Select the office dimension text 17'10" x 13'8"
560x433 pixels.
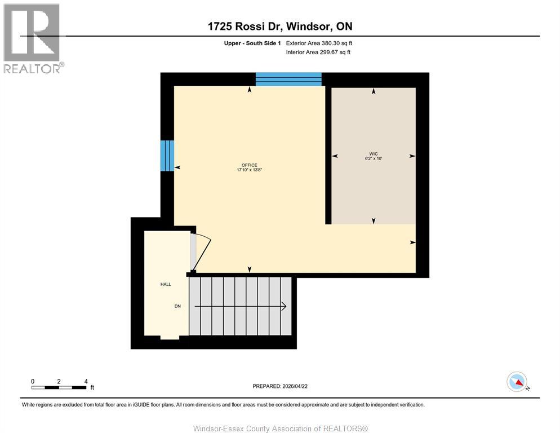(x=250, y=170)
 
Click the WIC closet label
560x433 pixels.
(x=374, y=153)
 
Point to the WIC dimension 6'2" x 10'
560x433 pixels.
(x=374, y=158)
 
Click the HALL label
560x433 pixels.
(x=166, y=284)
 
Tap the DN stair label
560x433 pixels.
(x=177, y=306)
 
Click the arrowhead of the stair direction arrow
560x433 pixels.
(x=284, y=306)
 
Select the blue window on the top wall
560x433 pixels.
(x=288, y=79)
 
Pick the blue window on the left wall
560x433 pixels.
(x=167, y=156)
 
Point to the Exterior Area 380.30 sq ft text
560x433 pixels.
(x=319, y=43)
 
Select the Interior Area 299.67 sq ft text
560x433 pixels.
(x=318, y=52)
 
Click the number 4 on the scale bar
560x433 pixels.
(x=85, y=381)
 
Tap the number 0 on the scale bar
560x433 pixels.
(x=33, y=381)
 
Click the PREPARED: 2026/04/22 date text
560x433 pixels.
(x=279, y=386)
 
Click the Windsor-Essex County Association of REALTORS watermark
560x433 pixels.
(x=280, y=428)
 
